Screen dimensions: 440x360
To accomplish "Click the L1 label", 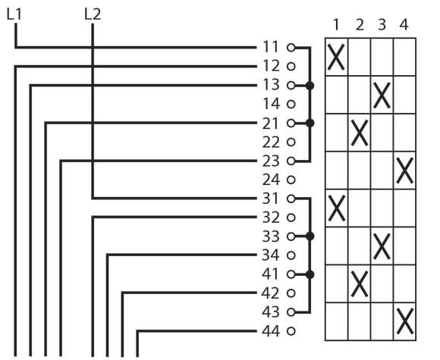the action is (14, 14).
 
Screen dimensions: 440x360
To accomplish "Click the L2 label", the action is (93, 14).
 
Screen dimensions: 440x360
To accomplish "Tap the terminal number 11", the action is (271, 47).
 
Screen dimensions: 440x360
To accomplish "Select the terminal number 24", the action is (271, 180).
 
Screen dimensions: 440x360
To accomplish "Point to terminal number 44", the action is (271, 331).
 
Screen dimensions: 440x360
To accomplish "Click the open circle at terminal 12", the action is (291, 67).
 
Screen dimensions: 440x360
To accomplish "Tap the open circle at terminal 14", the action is (291, 105).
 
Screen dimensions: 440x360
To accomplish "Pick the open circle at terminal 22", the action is (291, 142).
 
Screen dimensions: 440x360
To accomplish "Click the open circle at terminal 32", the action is (291, 218).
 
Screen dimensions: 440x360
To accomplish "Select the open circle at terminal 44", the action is (291, 331).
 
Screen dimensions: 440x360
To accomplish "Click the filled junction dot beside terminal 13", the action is (310, 86).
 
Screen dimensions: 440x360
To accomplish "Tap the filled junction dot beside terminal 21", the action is (310, 123).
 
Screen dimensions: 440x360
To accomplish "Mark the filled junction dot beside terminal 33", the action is (310, 236).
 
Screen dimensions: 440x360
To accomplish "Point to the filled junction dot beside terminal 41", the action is (310, 275).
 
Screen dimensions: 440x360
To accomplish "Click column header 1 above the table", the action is (336, 25).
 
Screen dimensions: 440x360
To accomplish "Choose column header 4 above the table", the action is (404, 25).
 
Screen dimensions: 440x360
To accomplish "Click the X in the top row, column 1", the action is (336, 57).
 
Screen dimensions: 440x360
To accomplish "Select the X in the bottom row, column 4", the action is (404, 321).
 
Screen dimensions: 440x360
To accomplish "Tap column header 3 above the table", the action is (382, 25).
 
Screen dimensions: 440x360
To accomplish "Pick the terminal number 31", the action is (271, 199).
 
